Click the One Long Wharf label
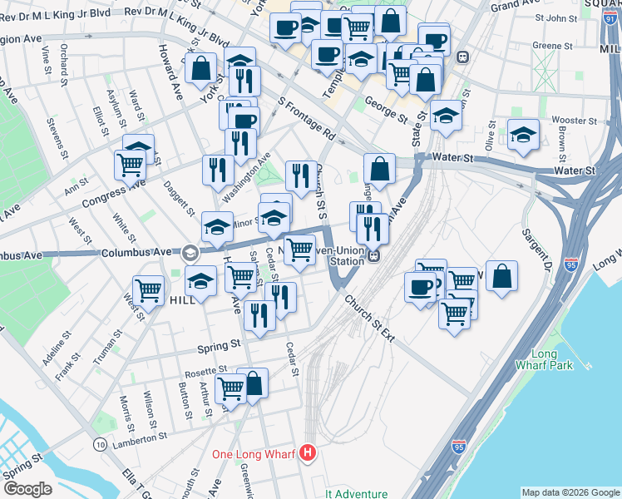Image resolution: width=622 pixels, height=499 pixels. click(x=254, y=453)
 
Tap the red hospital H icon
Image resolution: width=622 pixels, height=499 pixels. click(x=309, y=453)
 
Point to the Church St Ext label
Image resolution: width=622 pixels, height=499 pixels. click(x=371, y=319)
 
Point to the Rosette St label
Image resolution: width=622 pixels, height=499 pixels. click(x=205, y=369)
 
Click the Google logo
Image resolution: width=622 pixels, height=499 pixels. click(x=27, y=489)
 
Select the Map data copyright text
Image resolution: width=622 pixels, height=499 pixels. click(x=570, y=492)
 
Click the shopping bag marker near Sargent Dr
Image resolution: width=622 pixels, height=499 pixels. click(x=502, y=277)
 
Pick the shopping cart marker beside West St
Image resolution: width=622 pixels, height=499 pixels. click(x=148, y=290)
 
